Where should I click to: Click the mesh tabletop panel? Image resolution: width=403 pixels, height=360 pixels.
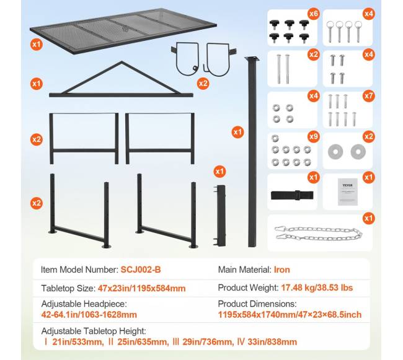(123, 31)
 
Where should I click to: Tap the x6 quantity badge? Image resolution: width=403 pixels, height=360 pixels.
(314, 14)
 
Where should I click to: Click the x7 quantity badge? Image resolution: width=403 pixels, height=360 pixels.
(369, 96)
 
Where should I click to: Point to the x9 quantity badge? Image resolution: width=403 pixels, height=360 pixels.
(314, 136)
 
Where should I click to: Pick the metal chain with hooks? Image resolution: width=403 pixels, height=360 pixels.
(319, 233)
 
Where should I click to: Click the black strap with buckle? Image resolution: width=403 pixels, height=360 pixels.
(292, 195)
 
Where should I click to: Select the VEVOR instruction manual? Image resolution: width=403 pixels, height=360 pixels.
(348, 192)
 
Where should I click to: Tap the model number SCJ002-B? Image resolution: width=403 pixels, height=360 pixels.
(141, 270)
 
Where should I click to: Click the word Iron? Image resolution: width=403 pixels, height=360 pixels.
(282, 270)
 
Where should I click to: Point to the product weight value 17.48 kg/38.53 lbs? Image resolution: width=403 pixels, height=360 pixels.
(317, 288)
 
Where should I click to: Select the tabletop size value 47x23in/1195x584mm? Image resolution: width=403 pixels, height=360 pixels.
(141, 288)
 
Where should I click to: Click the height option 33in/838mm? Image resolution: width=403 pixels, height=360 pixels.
(272, 342)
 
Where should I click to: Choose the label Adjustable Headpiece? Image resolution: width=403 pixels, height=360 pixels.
(84, 304)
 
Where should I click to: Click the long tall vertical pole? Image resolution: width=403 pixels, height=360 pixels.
(252, 152)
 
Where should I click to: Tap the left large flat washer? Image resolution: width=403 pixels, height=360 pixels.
(335, 152)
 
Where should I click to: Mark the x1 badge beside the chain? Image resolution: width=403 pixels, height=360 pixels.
(369, 218)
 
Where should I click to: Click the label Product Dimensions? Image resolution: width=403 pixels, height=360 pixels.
(257, 304)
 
